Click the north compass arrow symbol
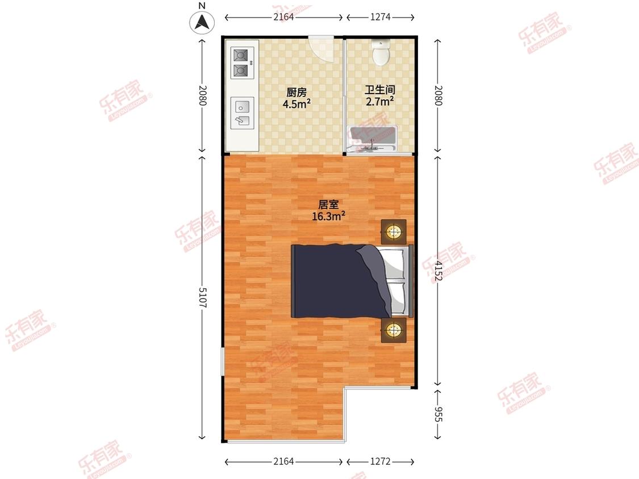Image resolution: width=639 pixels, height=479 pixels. (202, 22)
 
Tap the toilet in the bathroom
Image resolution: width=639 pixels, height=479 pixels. (381, 52)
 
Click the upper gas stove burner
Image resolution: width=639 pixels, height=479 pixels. (240, 55)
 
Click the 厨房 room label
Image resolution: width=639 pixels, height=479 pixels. (296, 93)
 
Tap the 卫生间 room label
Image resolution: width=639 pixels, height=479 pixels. (380, 90)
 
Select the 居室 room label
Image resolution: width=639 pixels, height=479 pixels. (328, 204)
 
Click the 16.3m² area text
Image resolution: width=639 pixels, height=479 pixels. (328, 216)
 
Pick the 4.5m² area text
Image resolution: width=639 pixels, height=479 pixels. (296, 104)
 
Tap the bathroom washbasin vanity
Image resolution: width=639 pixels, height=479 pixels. (371, 139)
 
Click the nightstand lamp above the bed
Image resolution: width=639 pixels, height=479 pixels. (394, 232)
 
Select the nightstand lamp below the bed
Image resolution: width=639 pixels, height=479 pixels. (394, 330)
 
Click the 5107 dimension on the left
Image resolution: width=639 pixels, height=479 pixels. (203, 298)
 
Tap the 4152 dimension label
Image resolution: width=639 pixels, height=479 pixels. (438, 271)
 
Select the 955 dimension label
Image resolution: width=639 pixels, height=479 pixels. (438, 414)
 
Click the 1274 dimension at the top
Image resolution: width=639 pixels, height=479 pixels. (380, 16)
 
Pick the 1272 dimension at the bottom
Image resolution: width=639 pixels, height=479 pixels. (380, 461)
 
